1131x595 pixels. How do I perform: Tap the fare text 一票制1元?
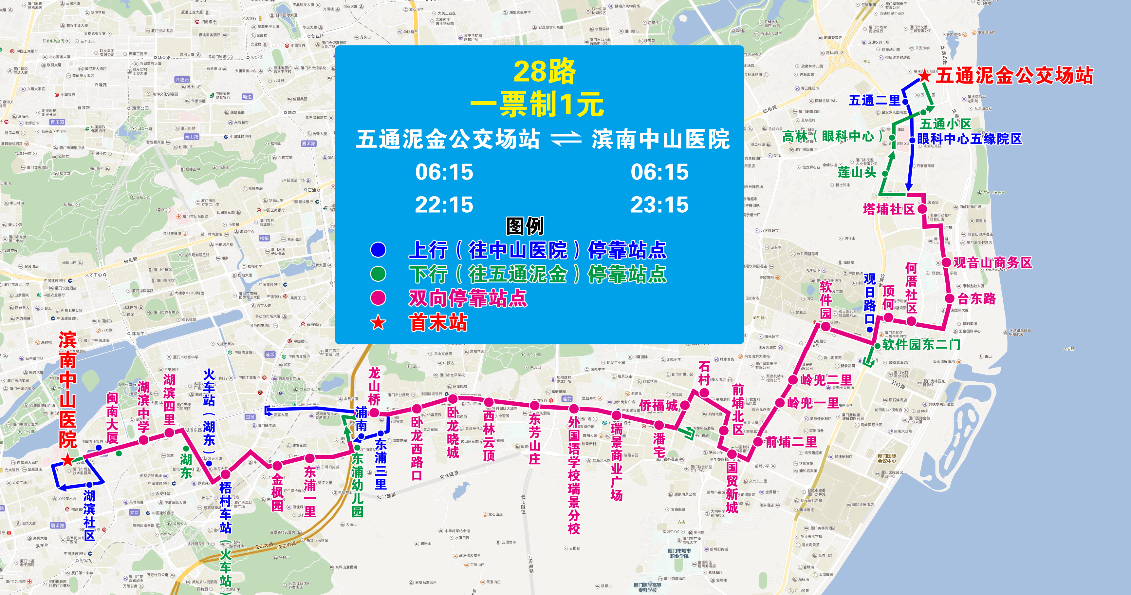(537, 105)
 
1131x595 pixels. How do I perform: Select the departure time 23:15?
(659, 205)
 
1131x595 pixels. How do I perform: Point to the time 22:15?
(444, 205)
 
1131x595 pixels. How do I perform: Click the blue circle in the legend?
(378, 250)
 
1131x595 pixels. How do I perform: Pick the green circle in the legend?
(378, 274)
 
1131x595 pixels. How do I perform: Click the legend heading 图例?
(525, 226)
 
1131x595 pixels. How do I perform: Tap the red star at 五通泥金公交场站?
(925, 76)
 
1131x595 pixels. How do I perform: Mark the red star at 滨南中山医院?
(67, 460)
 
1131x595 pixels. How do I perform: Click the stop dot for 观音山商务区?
(946, 262)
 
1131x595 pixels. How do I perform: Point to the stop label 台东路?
(976, 299)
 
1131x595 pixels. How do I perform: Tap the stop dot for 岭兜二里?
(793, 380)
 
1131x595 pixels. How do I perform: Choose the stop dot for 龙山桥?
(374, 412)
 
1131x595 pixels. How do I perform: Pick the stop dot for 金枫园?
(277, 465)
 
